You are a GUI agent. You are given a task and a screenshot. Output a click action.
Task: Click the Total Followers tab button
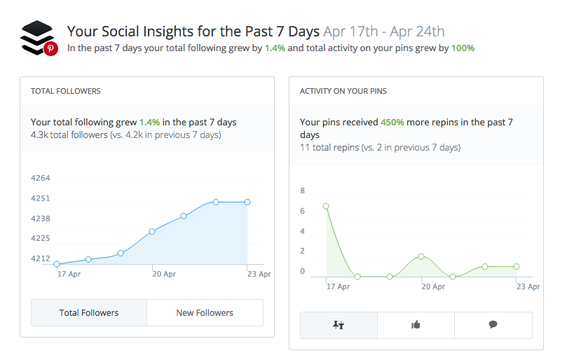click(89, 312)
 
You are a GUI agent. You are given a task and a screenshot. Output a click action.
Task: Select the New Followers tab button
click(205, 312)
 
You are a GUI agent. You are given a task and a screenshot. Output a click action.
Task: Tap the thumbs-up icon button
click(416, 325)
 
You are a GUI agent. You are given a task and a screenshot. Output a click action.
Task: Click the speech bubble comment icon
click(493, 325)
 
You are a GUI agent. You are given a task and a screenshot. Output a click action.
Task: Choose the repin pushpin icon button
click(339, 325)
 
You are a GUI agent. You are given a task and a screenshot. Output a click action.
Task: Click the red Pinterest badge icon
click(50, 48)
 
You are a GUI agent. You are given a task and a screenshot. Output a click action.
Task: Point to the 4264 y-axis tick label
click(41, 178)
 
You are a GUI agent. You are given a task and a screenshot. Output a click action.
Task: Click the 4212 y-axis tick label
click(41, 258)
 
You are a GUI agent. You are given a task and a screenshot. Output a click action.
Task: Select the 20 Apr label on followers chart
click(164, 274)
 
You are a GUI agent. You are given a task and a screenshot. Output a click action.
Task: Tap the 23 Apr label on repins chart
click(528, 286)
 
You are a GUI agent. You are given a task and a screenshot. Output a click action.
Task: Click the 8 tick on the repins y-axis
click(303, 191)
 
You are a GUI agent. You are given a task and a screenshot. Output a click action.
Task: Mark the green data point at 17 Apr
click(326, 206)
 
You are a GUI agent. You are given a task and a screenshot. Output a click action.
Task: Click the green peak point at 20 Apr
click(421, 256)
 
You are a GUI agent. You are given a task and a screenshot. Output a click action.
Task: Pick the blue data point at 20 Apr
click(152, 231)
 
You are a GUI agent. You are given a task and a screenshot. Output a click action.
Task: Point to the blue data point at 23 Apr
click(247, 202)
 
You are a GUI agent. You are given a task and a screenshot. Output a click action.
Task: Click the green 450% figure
click(392, 122)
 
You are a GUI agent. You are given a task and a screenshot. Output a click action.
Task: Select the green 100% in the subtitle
click(462, 48)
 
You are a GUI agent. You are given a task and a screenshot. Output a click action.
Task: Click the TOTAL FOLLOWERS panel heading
click(66, 91)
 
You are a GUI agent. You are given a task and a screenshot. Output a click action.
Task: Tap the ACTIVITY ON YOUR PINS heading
click(343, 91)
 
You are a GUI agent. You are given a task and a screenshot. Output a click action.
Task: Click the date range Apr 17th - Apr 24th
click(383, 32)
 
